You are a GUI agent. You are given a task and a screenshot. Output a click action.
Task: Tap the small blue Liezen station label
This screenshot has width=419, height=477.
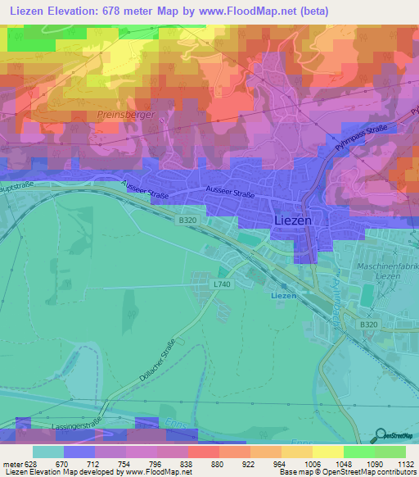pyautogui.click(x=283, y=294)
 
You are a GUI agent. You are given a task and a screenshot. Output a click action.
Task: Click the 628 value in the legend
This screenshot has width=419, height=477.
pyautogui.click(x=32, y=463)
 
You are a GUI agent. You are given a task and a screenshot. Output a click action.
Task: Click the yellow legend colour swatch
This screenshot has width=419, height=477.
pyautogui.click(x=328, y=452)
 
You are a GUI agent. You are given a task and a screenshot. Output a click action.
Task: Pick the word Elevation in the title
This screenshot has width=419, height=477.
pyautogui.click(x=83, y=11)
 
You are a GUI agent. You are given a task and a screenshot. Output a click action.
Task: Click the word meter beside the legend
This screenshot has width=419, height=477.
pyautogui.click(x=11, y=463)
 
